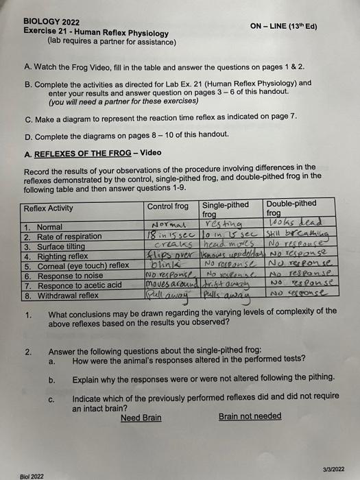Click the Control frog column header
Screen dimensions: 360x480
167,206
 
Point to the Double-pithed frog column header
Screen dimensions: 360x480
291,208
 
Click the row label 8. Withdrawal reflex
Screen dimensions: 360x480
62,295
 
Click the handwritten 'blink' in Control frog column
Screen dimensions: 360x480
168,264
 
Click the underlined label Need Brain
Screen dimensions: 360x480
141,418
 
